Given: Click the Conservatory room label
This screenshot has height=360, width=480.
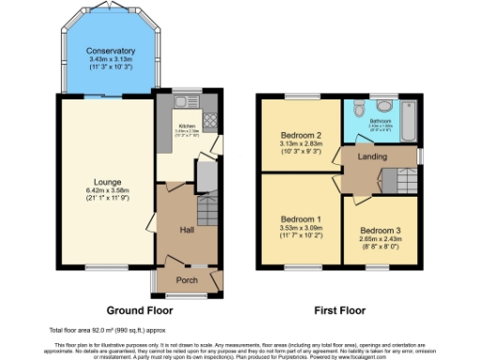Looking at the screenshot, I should (110, 51).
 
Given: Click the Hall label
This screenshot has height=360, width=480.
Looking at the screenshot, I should (186, 228).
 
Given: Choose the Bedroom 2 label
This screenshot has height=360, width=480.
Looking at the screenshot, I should (300, 135).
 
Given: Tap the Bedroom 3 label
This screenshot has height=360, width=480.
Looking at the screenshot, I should (379, 229).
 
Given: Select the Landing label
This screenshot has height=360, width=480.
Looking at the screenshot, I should (375, 157).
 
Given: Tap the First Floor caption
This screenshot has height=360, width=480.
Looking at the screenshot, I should (338, 309).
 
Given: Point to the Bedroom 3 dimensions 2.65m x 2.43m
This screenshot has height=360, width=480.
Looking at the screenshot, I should (379, 239).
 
